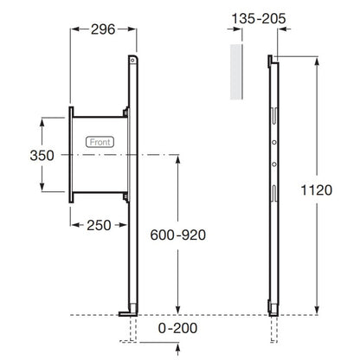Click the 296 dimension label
tap(103, 29)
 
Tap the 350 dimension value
tap(42, 156)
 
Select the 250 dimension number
tap(99, 225)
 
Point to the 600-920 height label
tap(178, 235)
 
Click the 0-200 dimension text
tap(177, 328)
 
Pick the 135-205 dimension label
tap(259, 19)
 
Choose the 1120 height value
tap(317, 190)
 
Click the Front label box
tap(100, 142)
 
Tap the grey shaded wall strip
tap(235, 72)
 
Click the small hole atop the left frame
tap(132, 61)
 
